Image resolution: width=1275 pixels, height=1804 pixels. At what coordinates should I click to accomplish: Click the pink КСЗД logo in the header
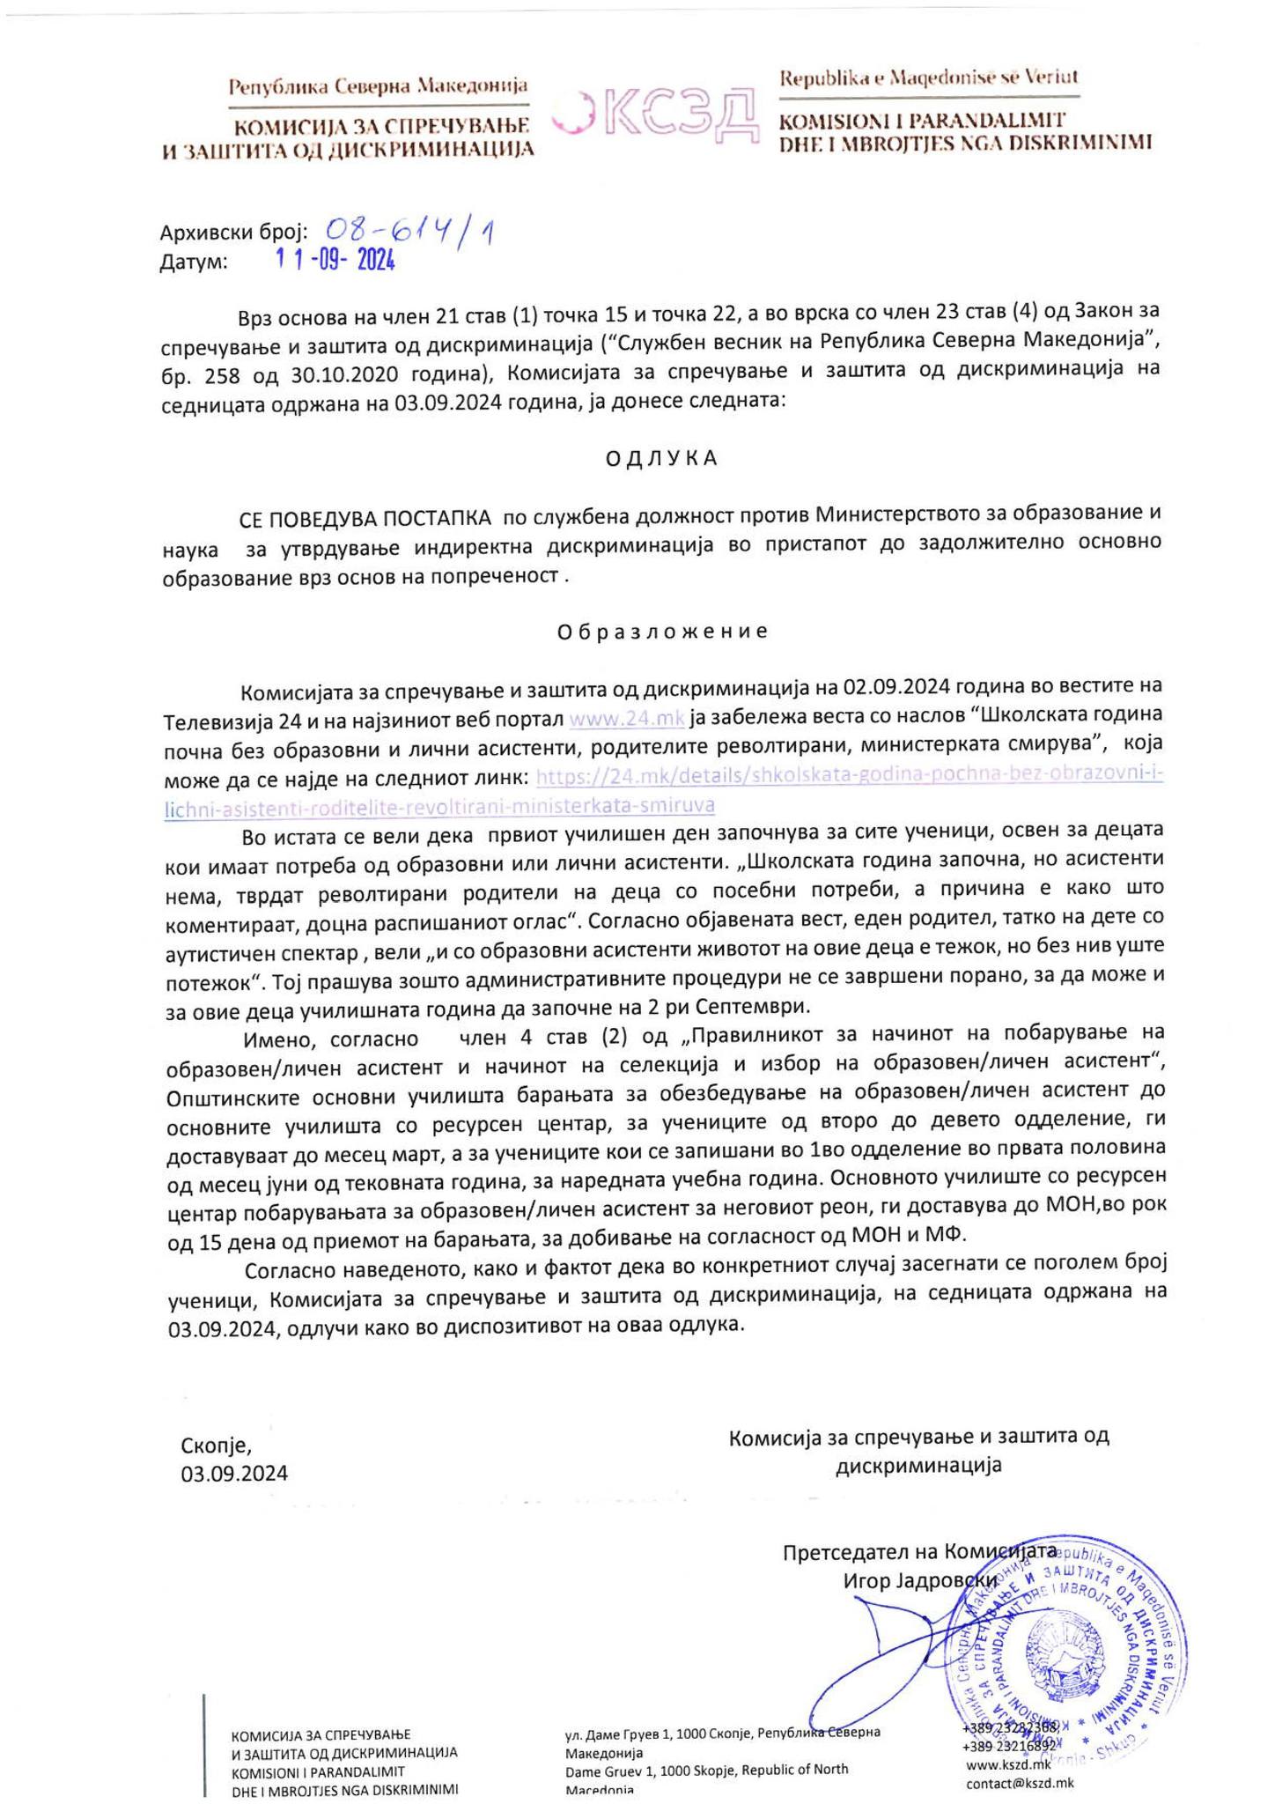tap(656, 115)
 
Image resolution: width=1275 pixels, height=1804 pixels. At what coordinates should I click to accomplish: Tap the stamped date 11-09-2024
tap(335, 261)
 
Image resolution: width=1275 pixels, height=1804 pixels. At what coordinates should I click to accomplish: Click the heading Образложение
tap(662, 632)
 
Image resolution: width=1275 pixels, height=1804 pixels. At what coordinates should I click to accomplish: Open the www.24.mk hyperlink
tap(627, 718)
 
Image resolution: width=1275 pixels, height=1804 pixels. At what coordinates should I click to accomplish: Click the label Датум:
tap(194, 262)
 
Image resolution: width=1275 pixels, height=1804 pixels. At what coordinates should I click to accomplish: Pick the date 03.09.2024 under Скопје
tap(234, 1474)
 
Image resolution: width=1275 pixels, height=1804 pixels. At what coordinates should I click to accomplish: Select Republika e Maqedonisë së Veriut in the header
tap(929, 78)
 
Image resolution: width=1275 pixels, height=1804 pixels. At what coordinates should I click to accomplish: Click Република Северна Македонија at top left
tap(378, 86)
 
